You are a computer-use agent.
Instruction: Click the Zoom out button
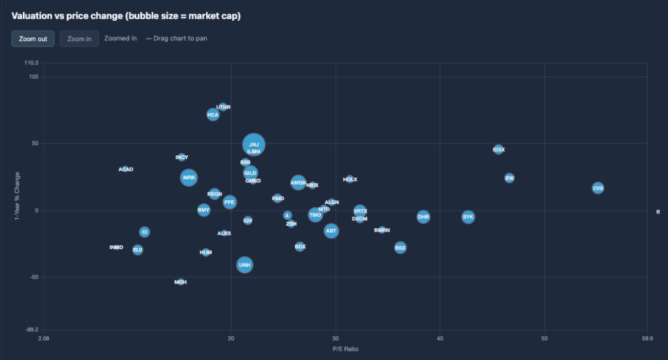tap(33, 38)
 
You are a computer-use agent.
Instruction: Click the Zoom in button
tap(79, 38)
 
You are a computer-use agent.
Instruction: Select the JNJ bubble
tap(254, 144)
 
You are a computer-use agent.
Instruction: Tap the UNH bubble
tap(244, 265)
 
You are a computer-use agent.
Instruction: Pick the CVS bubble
tap(598, 188)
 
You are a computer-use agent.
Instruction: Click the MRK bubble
tap(189, 177)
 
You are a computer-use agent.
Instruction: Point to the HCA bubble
tap(213, 115)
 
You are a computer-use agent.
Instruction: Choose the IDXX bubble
tap(498, 149)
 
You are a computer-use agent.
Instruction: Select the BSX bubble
tap(400, 247)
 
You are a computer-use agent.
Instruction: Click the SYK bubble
tap(468, 217)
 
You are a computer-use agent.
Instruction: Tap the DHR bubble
tap(423, 217)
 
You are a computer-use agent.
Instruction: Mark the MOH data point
tap(181, 282)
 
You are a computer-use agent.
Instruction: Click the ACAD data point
tap(125, 169)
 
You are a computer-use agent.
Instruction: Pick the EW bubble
tap(509, 177)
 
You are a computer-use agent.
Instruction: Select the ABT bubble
tap(331, 230)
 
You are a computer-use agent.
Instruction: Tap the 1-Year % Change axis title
tap(18, 196)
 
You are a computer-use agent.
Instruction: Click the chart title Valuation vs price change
tap(126, 16)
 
